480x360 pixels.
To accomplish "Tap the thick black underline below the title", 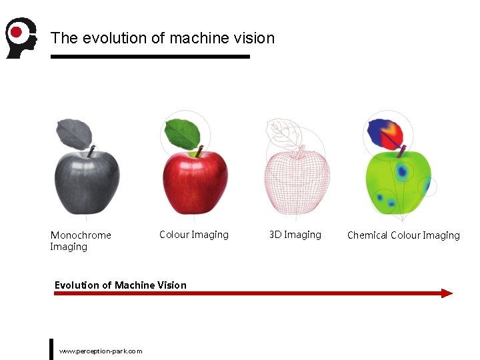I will coord(150,57).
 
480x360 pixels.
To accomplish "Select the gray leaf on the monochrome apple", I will coord(73,134).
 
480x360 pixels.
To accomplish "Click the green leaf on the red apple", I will coord(181,133).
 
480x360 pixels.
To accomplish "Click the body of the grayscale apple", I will coord(87,181).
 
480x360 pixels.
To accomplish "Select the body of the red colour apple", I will coord(195,181).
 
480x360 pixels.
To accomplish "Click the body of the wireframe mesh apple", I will coord(297,181).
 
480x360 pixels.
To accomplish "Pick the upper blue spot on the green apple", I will coord(402,171).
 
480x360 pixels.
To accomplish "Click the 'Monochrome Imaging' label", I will coord(80,241).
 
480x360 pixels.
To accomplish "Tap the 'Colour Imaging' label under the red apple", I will coord(193,235).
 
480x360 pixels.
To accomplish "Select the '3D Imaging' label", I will coord(295,235).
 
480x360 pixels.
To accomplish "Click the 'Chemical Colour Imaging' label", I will coord(403,235).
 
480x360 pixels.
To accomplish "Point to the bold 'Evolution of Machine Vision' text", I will coord(120,285).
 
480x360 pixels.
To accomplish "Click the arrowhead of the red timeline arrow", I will coord(447,293).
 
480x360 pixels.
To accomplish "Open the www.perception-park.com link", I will coord(101,351).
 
